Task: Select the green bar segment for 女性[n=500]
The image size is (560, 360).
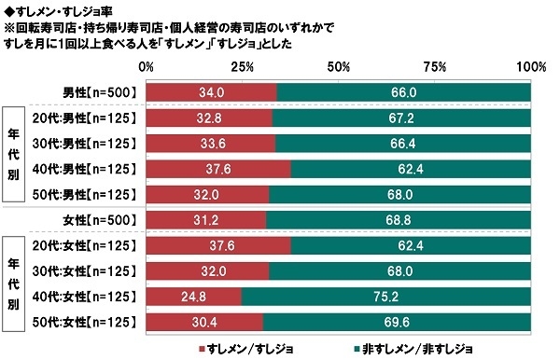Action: [399, 219]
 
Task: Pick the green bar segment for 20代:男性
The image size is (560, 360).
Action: [402, 118]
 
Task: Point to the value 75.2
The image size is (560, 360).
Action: [386, 298]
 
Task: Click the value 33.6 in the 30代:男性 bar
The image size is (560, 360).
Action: [211, 144]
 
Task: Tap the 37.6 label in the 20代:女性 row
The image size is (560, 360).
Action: [217, 245]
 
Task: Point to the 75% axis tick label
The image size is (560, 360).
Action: [435, 68]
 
